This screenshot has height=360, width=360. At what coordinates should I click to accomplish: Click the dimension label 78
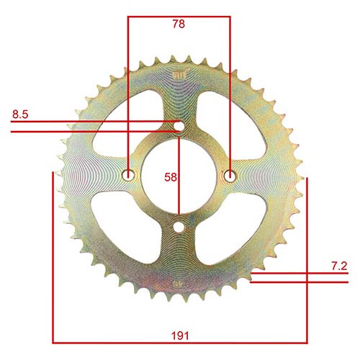click(x=179, y=24)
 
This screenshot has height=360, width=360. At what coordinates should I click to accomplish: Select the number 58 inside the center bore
click(x=170, y=176)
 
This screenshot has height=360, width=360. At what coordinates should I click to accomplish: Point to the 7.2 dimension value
click(x=338, y=266)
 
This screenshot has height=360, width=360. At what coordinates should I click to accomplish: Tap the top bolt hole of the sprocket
click(x=179, y=127)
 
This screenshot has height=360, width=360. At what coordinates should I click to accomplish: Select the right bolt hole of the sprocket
click(x=230, y=176)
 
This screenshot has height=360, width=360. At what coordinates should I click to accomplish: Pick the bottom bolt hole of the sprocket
click(x=179, y=227)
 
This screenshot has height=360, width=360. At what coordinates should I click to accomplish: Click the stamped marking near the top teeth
click(x=179, y=74)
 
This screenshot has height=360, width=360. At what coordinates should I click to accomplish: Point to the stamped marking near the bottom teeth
click(x=177, y=283)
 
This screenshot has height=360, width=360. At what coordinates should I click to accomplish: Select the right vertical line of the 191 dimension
click(x=306, y=259)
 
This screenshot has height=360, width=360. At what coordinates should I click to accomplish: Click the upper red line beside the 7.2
click(x=302, y=274)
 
